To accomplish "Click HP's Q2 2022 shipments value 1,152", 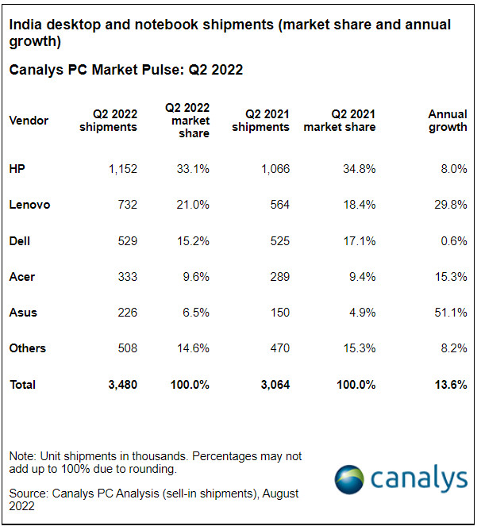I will (120, 168).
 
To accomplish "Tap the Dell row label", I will (20, 240).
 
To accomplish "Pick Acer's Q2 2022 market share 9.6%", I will (194, 277).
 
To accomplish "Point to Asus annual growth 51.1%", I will (450, 313).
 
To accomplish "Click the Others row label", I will (28, 348).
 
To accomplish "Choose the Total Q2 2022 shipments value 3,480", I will (120, 385).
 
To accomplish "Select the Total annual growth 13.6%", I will (449, 385).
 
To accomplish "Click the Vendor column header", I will (29, 121).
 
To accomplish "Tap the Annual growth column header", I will (447, 121).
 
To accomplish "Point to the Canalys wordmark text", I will (419, 479).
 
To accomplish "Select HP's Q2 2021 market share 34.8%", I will (358, 168).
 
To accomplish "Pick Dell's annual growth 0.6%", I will (453, 240).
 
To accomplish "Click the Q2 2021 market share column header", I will (340, 121).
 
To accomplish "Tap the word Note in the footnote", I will (23, 456).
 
